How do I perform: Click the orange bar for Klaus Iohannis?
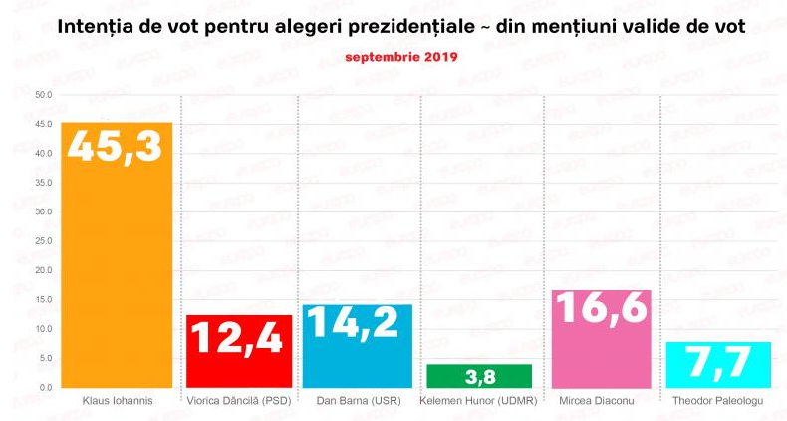[x=117, y=269]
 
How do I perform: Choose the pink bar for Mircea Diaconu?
[x=601, y=339]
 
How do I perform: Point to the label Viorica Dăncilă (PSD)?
[x=239, y=401]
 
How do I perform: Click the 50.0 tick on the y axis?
[x=43, y=95]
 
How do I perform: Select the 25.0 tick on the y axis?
[x=43, y=241]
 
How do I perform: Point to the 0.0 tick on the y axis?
[x=46, y=387]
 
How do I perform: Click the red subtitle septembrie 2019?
[x=401, y=57]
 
